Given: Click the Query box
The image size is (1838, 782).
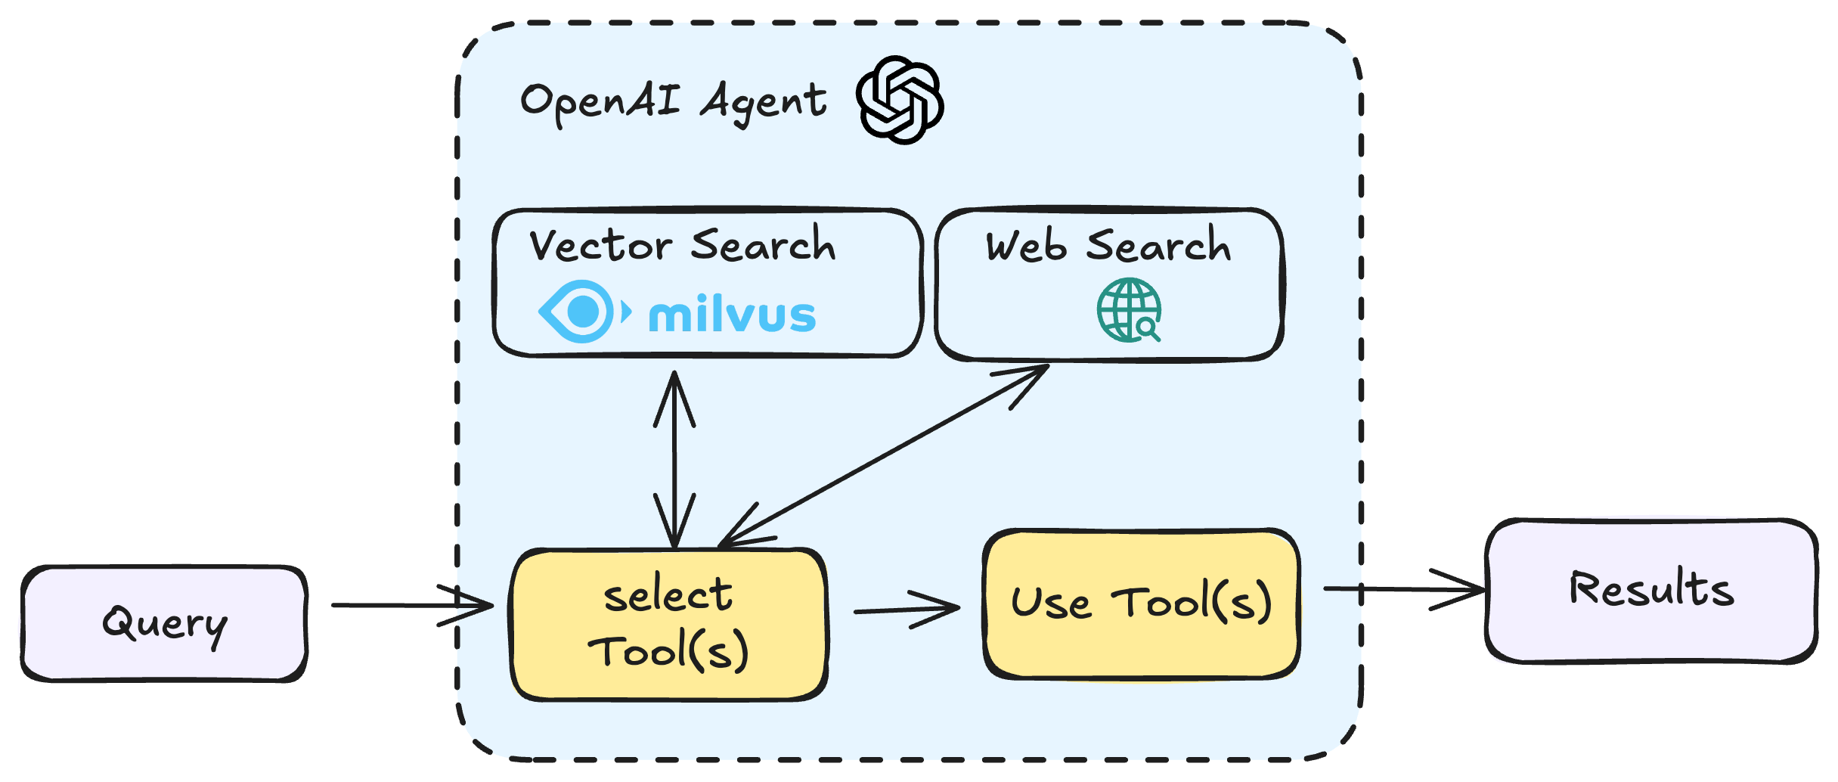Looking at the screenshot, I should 164,624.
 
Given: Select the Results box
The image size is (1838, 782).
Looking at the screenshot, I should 1651,590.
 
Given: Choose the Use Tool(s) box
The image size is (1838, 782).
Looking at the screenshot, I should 1142,604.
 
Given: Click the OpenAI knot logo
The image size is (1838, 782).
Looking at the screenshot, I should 900,100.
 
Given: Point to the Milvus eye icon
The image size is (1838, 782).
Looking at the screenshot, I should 582,311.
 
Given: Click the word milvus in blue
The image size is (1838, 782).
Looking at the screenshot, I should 732,315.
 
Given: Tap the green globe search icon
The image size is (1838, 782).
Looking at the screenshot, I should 1129,310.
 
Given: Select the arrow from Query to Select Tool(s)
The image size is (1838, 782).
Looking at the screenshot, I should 412,605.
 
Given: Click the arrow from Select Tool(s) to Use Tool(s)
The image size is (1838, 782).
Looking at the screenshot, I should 906,609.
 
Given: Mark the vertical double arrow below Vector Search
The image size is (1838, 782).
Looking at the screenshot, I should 674,459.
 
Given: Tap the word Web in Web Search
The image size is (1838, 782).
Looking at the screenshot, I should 1026,247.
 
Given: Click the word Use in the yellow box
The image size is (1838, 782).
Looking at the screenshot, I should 1051,604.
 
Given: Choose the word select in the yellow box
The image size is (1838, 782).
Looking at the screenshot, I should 668,595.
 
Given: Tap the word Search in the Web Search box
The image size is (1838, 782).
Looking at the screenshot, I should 1158,246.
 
